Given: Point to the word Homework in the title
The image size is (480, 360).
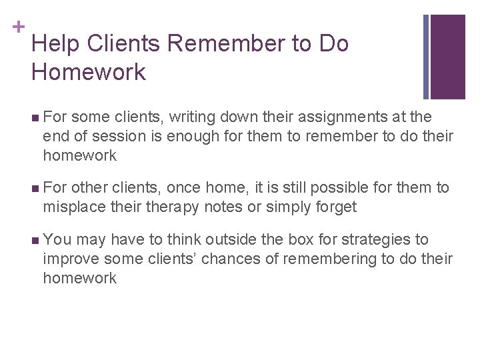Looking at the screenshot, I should click(88, 72).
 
